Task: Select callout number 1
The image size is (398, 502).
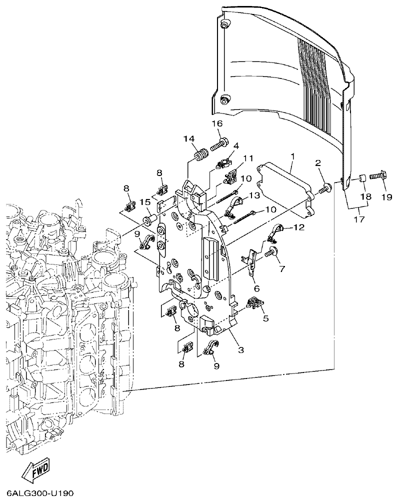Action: tap(292, 156)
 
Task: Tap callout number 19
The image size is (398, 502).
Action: tap(383, 197)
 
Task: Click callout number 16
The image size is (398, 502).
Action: tap(216, 123)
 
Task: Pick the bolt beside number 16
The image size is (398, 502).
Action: tap(218, 144)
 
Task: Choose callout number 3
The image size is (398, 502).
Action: tap(240, 350)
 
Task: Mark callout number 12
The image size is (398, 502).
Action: tap(298, 228)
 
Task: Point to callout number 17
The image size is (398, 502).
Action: tap(358, 219)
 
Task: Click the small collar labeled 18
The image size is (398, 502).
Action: tap(360, 177)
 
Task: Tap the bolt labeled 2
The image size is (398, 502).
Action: tap(325, 189)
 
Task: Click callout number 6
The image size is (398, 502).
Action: tap(256, 288)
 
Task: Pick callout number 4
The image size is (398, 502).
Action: tap(236, 145)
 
